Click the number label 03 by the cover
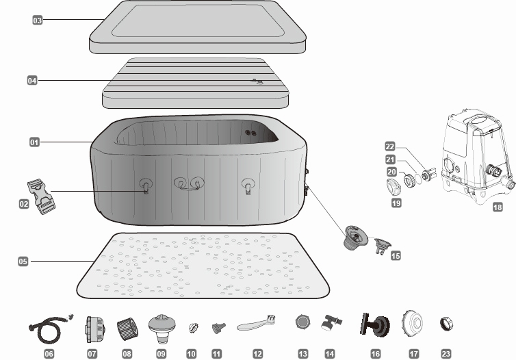point(38,20)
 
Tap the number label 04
point(32,80)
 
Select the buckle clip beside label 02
point(41,196)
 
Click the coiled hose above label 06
point(50,329)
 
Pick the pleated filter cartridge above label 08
point(128,328)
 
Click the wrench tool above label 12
point(256,323)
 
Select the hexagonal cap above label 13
point(302,322)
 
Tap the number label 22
point(390,146)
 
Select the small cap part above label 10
point(194,327)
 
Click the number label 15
point(396,255)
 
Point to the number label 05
point(23,261)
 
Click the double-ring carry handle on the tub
point(189,183)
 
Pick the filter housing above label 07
point(95,329)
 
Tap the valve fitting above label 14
point(331,322)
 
